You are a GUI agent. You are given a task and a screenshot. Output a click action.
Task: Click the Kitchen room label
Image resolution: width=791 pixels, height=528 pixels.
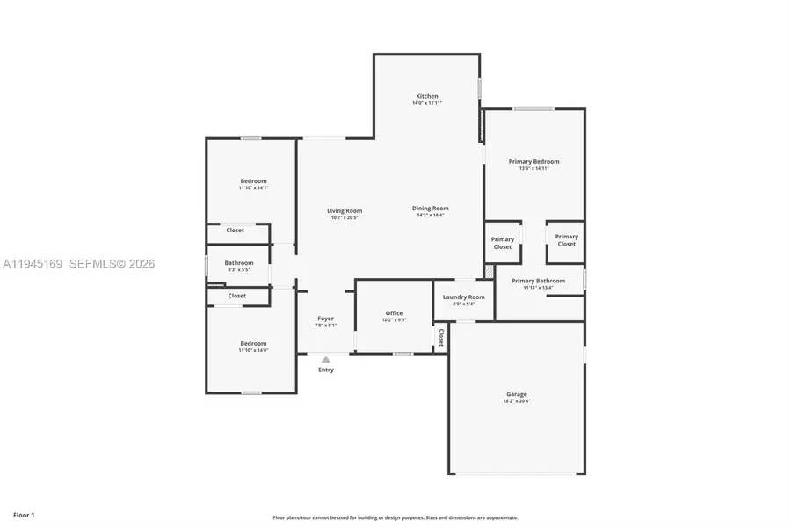[427, 96]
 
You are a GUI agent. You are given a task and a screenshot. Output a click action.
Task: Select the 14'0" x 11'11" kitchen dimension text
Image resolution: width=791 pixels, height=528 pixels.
[427, 103]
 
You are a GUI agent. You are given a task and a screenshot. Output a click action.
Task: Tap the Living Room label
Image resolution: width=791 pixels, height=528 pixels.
[345, 210]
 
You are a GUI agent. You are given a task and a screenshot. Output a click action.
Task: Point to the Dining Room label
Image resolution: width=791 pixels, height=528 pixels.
[431, 209]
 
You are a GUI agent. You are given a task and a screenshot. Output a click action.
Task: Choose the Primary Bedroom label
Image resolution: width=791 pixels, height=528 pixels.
[533, 161]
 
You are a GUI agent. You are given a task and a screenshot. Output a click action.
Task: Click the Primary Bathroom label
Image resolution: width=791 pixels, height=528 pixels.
[539, 281]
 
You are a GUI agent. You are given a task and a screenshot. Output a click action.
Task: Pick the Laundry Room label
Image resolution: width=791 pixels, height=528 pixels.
[463, 297]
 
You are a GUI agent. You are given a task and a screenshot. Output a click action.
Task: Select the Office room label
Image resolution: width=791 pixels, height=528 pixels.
[394, 313]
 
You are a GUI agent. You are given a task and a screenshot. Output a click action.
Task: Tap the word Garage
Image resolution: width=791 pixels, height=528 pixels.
[516, 394]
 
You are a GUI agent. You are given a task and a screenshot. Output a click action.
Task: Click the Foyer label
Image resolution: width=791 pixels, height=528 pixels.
[325, 319]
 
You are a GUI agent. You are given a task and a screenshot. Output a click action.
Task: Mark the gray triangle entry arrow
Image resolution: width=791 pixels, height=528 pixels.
[325, 359]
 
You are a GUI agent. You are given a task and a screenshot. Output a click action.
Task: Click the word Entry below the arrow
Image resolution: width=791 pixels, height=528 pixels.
[325, 370]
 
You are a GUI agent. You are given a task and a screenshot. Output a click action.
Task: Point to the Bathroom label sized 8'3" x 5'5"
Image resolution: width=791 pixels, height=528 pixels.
[238, 262]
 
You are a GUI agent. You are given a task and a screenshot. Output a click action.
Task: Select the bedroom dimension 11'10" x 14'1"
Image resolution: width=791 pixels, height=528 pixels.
[253, 187]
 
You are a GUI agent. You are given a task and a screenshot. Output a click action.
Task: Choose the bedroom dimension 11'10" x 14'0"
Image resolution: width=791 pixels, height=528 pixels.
[253, 350]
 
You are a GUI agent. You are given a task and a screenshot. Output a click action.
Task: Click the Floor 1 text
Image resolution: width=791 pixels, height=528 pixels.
[24, 514]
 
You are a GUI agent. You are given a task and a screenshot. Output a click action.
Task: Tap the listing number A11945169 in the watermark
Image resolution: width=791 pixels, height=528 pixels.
[33, 264]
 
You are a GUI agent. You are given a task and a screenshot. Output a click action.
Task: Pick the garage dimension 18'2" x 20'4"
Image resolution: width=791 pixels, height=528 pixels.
[516, 401]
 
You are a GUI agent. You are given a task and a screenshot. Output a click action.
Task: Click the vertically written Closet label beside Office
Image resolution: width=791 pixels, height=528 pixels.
[440, 338]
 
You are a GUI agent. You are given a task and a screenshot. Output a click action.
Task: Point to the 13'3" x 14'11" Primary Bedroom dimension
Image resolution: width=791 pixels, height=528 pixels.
[533, 168]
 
